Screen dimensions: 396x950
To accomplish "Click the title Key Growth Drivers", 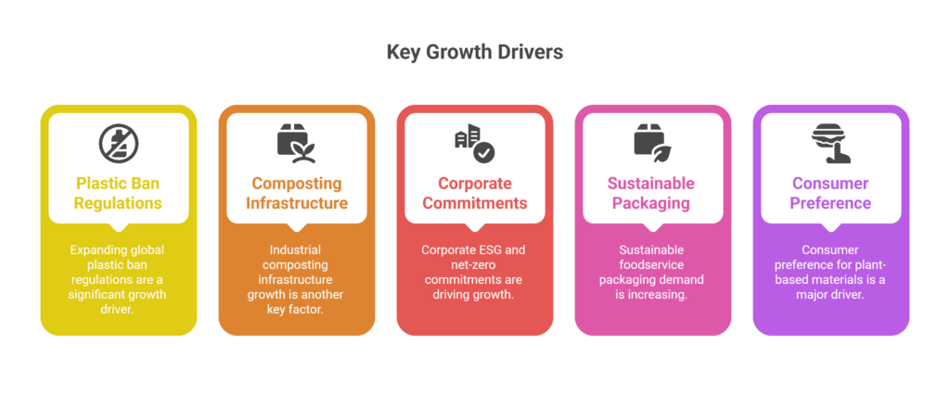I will [475, 52].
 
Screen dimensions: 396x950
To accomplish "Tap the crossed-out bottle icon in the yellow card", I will [118, 141].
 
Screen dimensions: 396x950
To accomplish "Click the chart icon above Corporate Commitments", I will [474, 141].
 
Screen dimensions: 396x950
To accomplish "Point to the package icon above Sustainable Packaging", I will [652, 141].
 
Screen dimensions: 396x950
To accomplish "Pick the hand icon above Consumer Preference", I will [830, 141].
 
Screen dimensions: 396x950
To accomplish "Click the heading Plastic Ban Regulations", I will [118, 193].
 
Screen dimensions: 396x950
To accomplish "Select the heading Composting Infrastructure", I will [296, 193].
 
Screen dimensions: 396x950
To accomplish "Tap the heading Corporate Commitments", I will [474, 193].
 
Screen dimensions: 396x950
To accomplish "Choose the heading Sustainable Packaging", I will [652, 193].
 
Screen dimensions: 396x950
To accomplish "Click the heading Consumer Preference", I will [830, 193].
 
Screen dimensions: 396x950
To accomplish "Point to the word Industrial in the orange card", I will [296, 250].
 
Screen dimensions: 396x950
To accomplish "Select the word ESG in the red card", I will [496, 250].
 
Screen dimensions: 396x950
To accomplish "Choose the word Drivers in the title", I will [531, 52].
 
